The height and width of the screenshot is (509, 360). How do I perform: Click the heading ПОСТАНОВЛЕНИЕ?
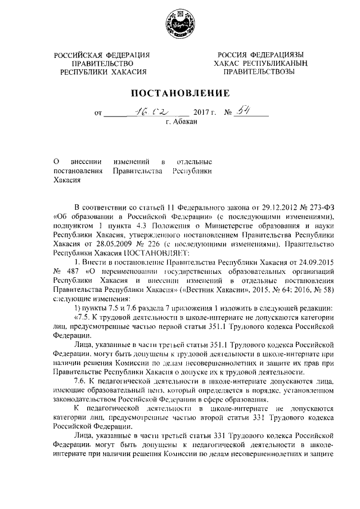(180, 93)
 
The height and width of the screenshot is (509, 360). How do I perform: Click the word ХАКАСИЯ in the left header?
(127, 73)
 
